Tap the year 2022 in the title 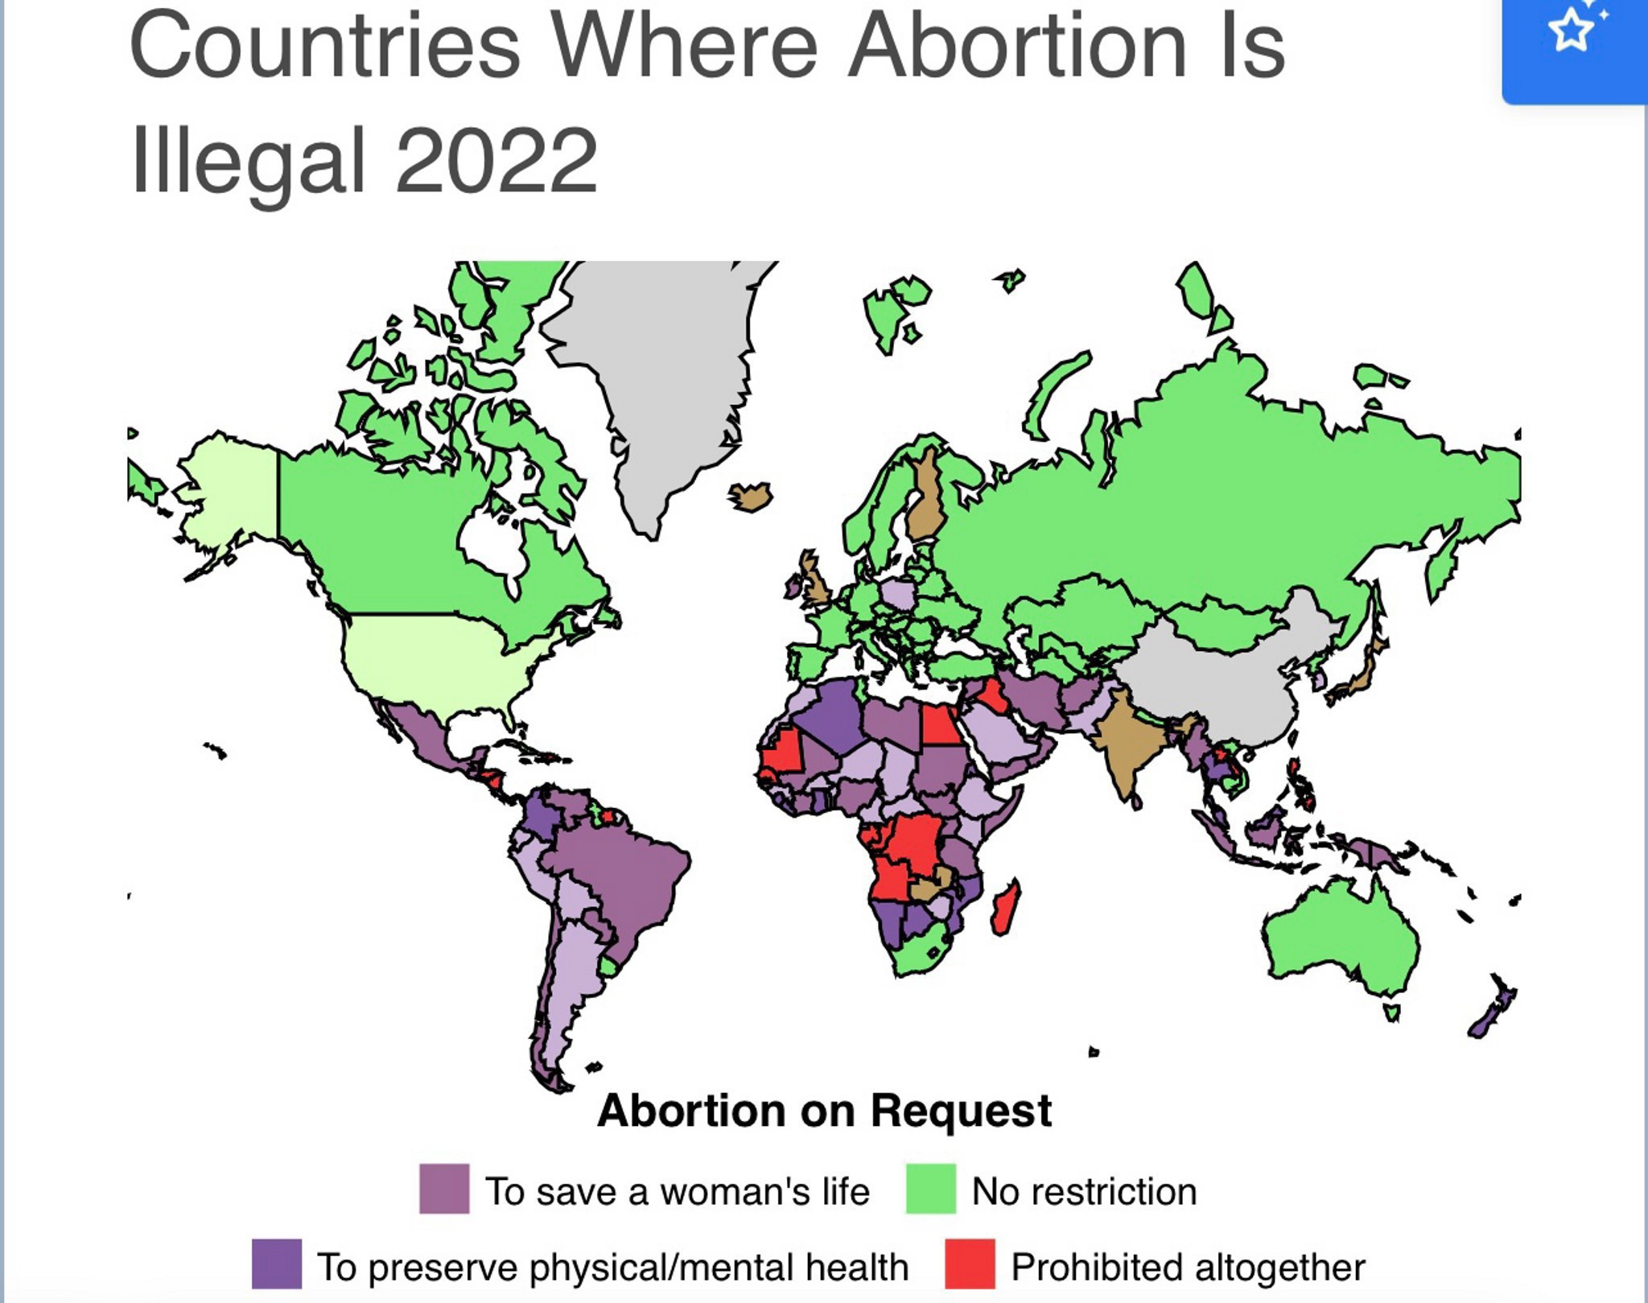pyautogui.click(x=496, y=161)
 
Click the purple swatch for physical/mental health pyautogui.click(x=277, y=1264)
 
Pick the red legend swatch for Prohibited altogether pyautogui.click(x=970, y=1264)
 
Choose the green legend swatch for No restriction pyautogui.click(x=931, y=1189)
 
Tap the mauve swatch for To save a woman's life pyautogui.click(x=444, y=1189)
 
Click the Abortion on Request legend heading pyautogui.click(x=824, y=1111)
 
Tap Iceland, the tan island pyautogui.click(x=750, y=496)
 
